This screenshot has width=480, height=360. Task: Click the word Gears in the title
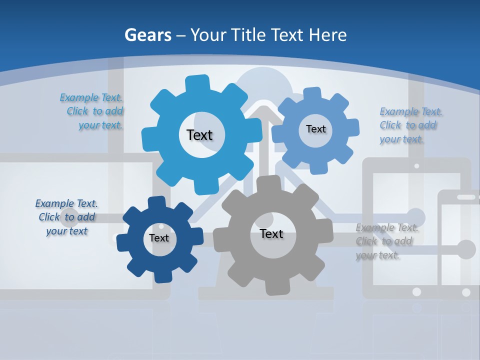tap(148, 35)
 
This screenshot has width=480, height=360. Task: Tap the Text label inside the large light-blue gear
tap(199, 135)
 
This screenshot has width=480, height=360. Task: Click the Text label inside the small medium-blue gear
tap(315, 129)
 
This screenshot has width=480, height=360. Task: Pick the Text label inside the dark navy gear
tap(159, 238)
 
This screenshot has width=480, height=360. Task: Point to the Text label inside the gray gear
tap(271, 233)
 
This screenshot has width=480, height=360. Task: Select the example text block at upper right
tap(410, 125)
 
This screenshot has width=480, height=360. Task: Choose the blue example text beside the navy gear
tap(66, 217)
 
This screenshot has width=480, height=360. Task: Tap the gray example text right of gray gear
tap(386, 241)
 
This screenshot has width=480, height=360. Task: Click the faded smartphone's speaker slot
tap(466, 197)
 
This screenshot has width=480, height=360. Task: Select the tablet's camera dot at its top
tap(416, 165)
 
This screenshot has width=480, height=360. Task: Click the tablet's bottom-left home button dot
tap(416, 291)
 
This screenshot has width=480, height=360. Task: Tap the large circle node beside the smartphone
tap(466, 249)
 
